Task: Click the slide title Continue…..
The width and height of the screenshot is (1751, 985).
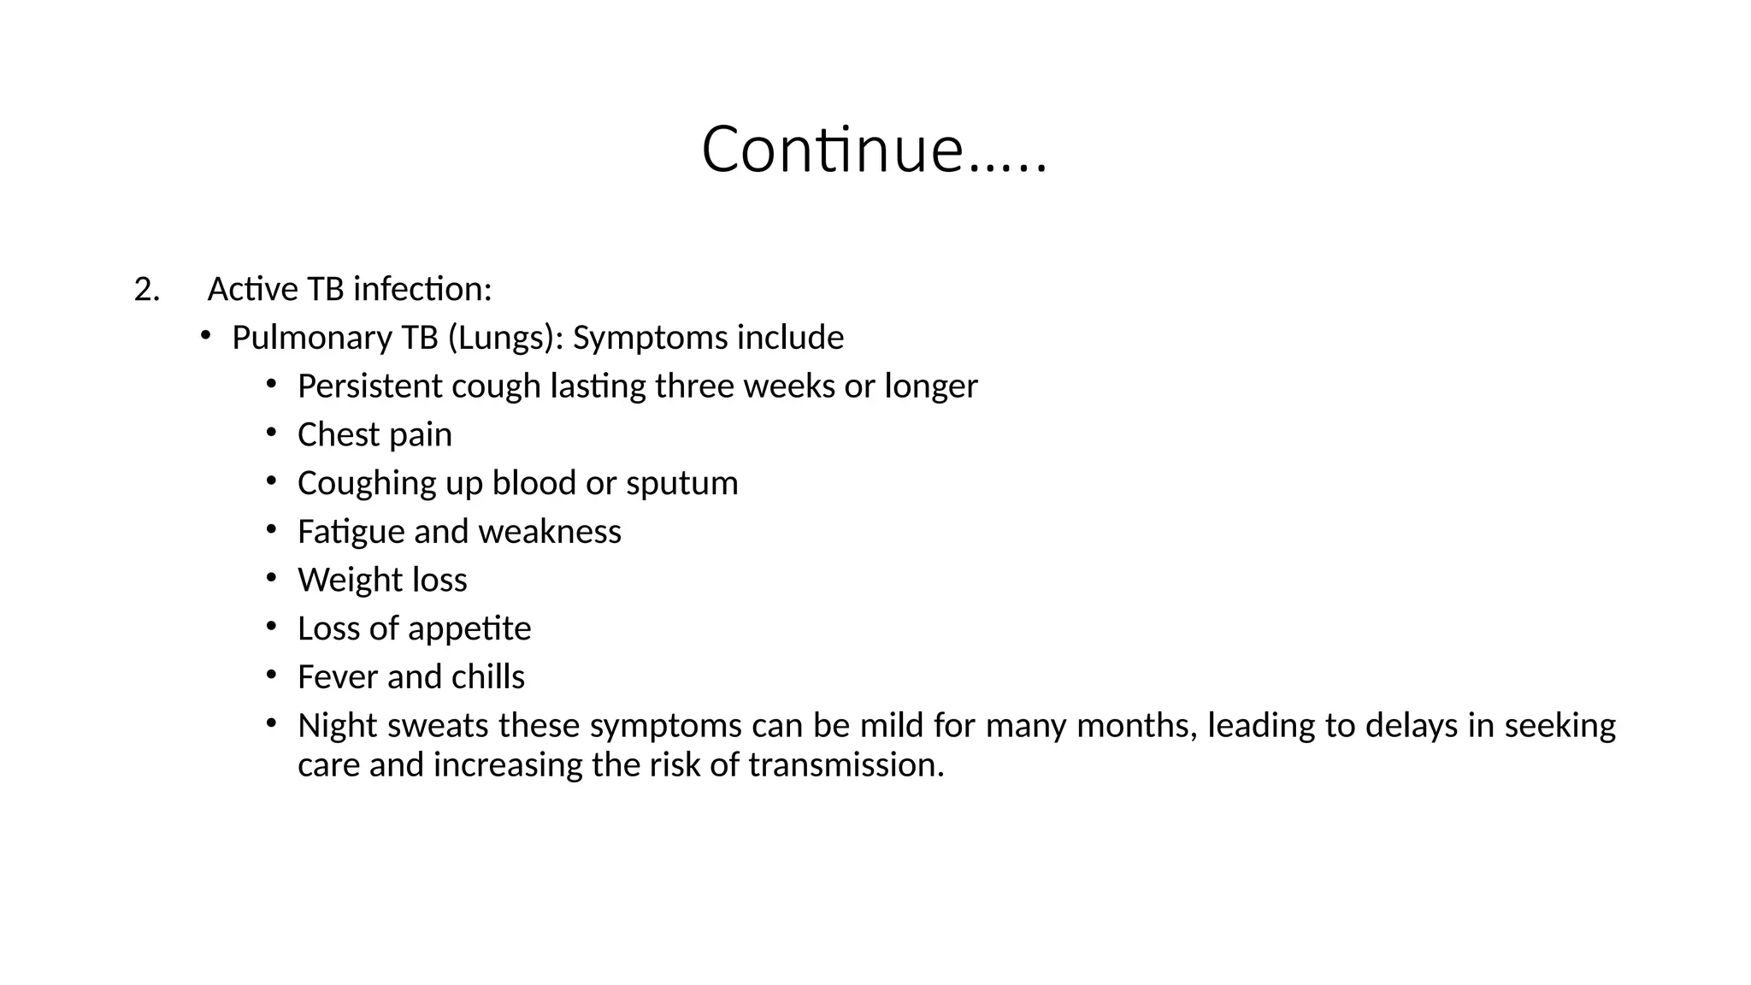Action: pyautogui.click(x=874, y=150)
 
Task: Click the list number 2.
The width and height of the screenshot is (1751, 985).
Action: pyautogui.click(x=146, y=290)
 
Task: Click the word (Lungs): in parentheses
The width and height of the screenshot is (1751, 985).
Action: pyautogui.click(x=505, y=339)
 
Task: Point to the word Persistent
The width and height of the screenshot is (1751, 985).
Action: pyautogui.click(x=369, y=386)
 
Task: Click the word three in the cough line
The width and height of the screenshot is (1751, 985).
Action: pyautogui.click(x=694, y=386)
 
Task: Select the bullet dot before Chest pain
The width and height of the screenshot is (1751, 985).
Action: pyautogui.click(x=271, y=433)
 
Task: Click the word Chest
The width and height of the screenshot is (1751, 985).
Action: pyautogui.click(x=338, y=435)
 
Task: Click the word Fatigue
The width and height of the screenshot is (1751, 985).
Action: pyautogui.click(x=351, y=532)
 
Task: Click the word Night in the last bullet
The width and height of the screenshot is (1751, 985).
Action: pyautogui.click(x=338, y=726)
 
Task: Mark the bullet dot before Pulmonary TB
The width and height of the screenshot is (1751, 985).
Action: pyautogui.click(x=205, y=336)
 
